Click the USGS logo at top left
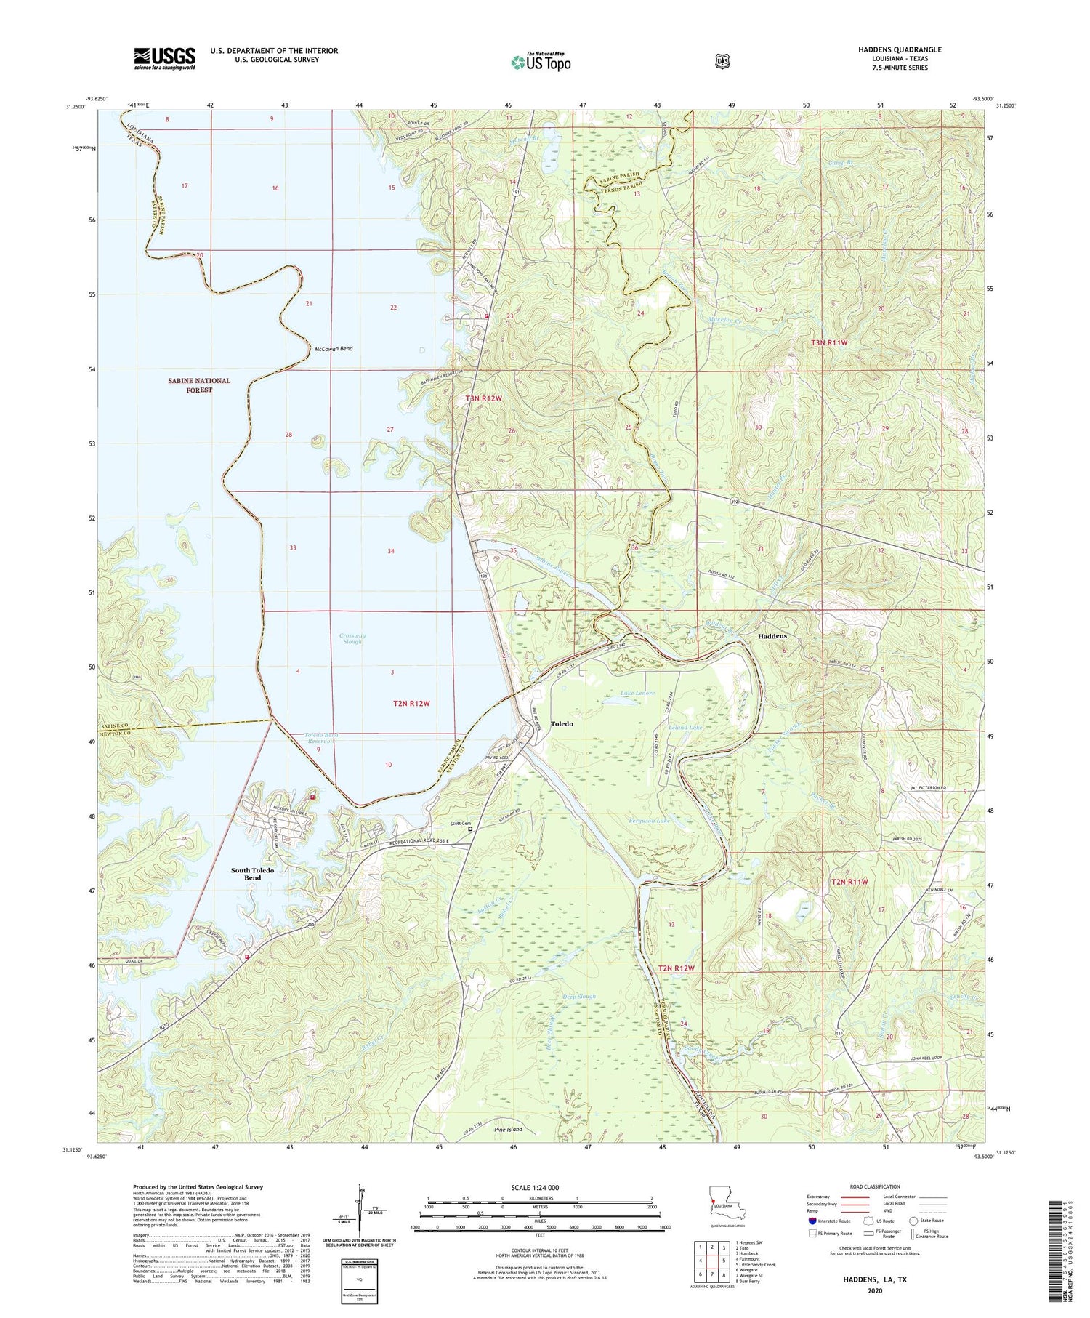click(164, 58)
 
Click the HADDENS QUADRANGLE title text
click(899, 49)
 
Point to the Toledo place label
click(562, 723)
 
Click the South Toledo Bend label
click(252, 874)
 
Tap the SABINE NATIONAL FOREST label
click(199, 385)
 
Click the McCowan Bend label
click(334, 349)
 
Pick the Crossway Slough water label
click(352, 638)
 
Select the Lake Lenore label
click(637, 693)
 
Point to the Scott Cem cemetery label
click(458, 824)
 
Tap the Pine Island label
click(508, 1130)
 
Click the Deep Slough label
click(579, 996)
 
